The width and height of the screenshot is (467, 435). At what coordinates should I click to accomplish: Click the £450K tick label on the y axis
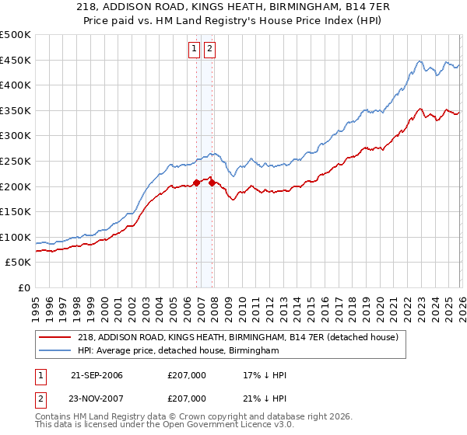16,60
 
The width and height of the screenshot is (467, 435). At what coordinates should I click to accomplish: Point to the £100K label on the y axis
16,237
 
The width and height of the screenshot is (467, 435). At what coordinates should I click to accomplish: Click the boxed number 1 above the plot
194,48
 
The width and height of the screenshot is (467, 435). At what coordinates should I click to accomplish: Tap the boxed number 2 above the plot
210,48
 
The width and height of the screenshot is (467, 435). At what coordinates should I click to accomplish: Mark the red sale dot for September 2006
196,183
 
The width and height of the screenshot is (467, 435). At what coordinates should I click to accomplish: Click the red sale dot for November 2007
212,183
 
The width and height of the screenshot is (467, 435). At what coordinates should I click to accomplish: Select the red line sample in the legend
55,337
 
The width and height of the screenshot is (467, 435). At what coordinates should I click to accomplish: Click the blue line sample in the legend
55,351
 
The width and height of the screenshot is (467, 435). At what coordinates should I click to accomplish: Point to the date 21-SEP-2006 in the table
97,375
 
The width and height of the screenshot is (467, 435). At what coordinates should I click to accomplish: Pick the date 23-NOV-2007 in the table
97,398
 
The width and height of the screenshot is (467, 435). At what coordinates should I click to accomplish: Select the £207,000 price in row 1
187,375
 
